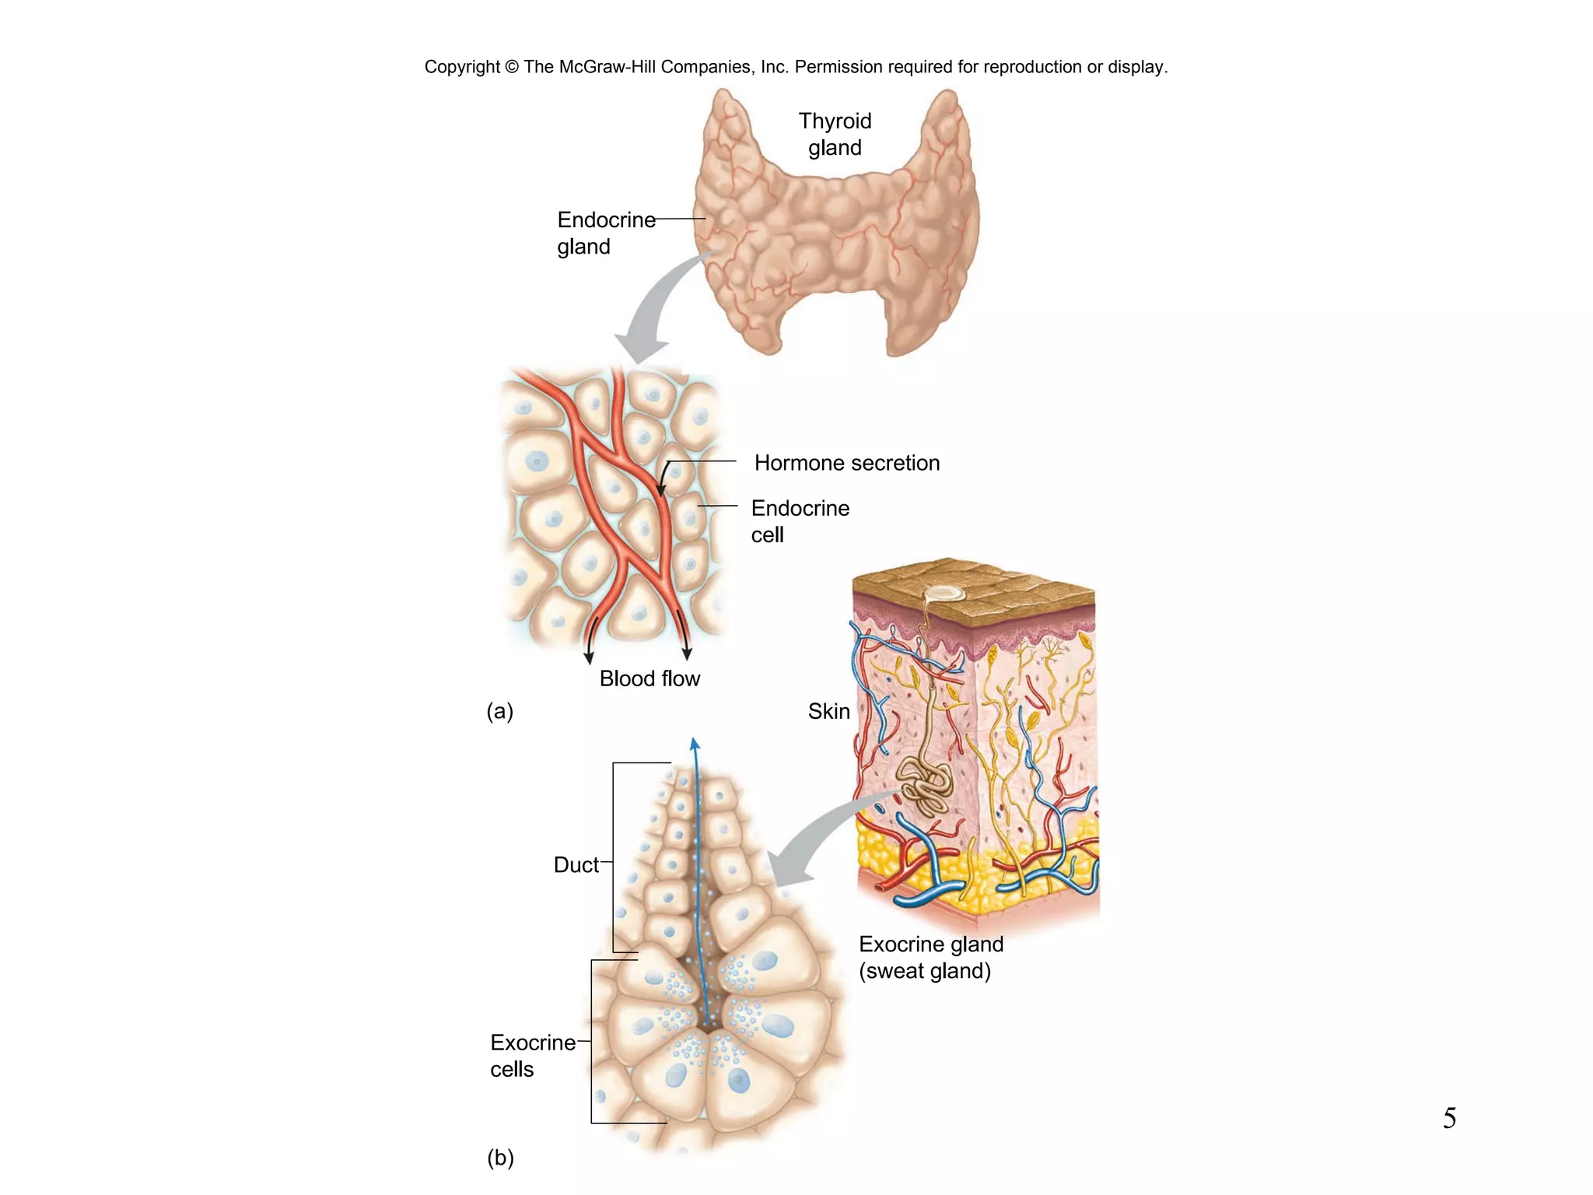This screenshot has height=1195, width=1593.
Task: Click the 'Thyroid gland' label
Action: point(835,134)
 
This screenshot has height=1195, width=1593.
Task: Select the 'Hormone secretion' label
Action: point(846,463)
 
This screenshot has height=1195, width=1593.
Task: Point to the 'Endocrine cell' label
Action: point(799,520)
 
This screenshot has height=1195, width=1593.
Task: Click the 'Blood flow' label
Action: point(649,678)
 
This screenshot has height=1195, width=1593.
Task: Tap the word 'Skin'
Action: point(828,711)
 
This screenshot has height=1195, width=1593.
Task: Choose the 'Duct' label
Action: point(576,864)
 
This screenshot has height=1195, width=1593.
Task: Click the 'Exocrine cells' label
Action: point(532,1055)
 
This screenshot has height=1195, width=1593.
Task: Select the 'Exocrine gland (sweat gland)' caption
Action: point(930,957)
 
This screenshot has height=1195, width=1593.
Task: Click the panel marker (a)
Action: point(499,711)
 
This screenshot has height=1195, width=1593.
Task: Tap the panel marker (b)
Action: point(500,1158)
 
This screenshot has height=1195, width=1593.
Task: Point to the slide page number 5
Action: point(1449,1118)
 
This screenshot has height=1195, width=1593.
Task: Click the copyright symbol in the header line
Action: point(511,67)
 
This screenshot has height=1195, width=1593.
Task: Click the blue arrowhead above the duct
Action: point(695,744)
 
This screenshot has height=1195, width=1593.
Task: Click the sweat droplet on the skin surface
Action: point(944,594)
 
